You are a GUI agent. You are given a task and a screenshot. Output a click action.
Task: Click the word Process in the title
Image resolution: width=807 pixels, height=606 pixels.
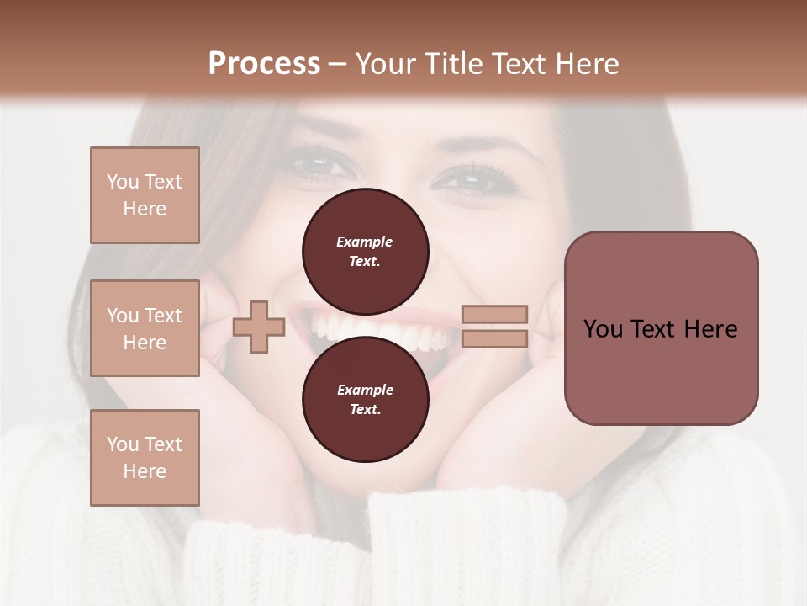(x=264, y=64)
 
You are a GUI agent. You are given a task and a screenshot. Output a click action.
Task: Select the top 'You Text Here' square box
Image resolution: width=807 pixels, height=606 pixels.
(x=145, y=195)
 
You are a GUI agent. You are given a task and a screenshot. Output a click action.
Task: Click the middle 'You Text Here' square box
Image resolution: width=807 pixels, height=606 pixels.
(x=145, y=328)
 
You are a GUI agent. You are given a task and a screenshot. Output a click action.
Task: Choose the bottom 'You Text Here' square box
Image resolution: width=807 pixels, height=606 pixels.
(x=145, y=458)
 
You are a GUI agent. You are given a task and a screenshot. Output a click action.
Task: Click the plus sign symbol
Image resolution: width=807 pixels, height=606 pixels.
(x=258, y=327)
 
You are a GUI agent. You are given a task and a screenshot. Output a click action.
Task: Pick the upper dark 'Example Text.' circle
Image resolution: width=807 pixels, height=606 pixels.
(x=365, y=251)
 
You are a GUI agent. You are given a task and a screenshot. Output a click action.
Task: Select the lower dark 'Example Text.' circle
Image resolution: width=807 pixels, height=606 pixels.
(x=365, y=399)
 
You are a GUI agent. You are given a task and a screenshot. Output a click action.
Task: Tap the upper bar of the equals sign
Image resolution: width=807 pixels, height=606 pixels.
(x=494, y=315)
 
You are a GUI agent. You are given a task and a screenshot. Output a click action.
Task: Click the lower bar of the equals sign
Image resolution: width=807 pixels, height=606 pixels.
(x=494, y=338)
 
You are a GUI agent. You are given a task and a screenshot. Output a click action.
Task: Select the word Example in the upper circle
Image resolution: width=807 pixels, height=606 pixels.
(x=364, y=242)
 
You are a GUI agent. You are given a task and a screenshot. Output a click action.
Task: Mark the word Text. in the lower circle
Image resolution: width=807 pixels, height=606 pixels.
(x=365, y=410)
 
